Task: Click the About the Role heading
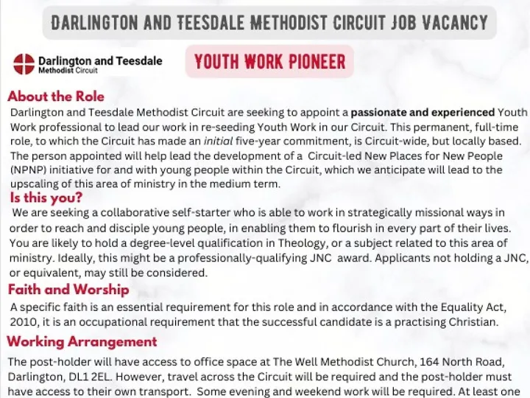[56, 97]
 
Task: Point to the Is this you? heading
[46, 198]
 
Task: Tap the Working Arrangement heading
[82, 341]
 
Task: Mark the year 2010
[25, 322]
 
